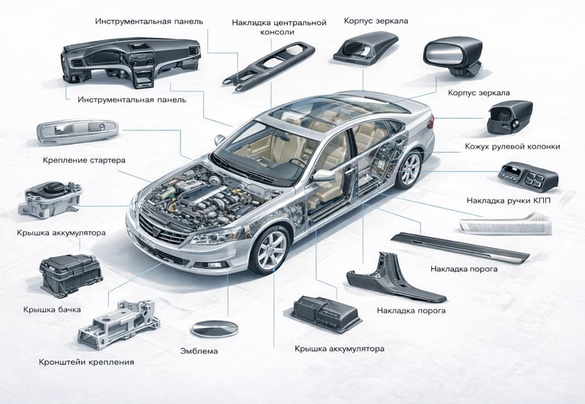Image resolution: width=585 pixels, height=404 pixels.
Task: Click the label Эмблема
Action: pyautogui.click(x=199, y=351)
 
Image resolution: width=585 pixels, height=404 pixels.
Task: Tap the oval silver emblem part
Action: pyautogui.click(x=214, y=329)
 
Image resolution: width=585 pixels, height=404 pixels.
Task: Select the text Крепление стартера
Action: pyautogui.click(x=85, y=161)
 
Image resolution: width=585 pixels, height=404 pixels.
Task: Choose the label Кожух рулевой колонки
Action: pyautogui.click(x=512, y=146)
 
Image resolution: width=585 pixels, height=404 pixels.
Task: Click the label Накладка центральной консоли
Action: pyautogui.click(x=280, y=27)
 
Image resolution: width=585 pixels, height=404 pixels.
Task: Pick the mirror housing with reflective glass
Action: pyautogui.click(x=449, y=55)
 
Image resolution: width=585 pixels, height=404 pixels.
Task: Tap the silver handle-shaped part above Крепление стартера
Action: pyautogui.click(x=77, y=132)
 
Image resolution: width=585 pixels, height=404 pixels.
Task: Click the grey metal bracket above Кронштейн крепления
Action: pyautogui.click(x=122, y=324)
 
